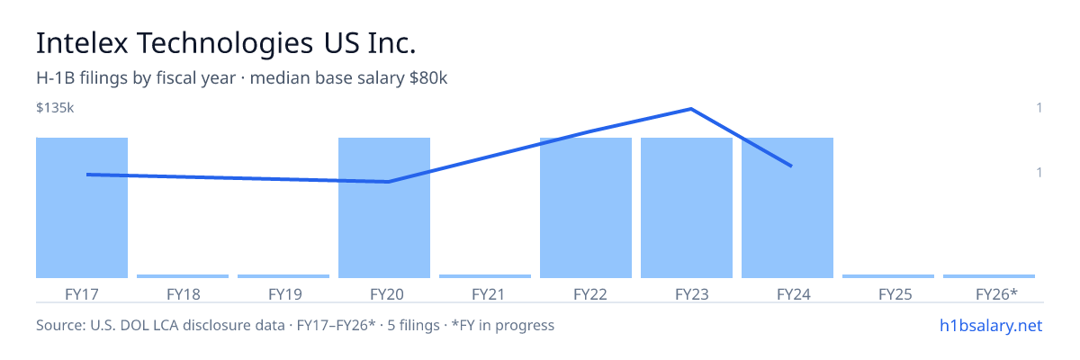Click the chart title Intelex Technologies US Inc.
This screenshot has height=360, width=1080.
[226, 43]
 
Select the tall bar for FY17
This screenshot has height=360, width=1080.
[82, 208]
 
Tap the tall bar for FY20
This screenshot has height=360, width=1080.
[384, 208]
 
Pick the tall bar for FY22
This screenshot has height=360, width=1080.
[586, 208]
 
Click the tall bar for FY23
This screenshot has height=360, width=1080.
[687, 208]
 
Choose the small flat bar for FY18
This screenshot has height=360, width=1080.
[183, 276]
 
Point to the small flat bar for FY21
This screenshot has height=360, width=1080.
[485, 276]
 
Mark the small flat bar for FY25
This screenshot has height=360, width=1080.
[888, 276]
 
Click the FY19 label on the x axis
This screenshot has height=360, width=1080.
[285, 294]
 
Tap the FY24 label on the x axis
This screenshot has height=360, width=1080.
[794, 294]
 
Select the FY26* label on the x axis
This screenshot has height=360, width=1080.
[996, 294]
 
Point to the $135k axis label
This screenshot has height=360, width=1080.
[55, 108]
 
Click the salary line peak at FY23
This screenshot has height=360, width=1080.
[691, 109]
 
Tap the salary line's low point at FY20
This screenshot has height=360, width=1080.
[389, 182]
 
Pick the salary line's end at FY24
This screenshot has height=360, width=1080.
[791, 166]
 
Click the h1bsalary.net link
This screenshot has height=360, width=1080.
[991, 326]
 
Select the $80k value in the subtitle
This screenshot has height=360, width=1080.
[428, 78]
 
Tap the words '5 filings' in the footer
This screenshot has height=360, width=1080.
[413, 326]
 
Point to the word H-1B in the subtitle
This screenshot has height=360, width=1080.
[56, 78]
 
